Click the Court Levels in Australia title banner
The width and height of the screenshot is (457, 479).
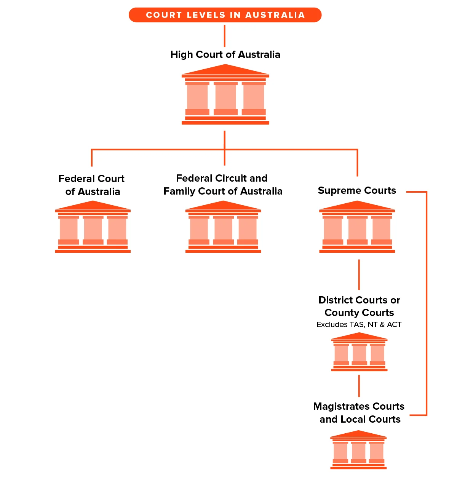pos(225,15)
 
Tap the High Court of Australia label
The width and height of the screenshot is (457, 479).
pos(225,54)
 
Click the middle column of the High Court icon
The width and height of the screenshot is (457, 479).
pos(225,98)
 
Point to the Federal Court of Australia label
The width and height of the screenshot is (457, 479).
pos(92,185)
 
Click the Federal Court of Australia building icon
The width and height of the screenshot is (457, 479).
pos(93,227)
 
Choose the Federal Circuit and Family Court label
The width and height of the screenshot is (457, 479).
pos(223,185)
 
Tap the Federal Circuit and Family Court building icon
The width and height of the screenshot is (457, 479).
pos(223,227)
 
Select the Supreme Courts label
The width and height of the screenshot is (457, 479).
pos(357,190)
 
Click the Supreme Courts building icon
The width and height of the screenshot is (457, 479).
pos(357,227)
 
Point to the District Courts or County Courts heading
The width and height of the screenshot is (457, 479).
pos(359,306)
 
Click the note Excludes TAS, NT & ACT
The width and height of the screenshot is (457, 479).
pos(359,324)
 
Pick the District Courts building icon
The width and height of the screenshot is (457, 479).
pos(359,352)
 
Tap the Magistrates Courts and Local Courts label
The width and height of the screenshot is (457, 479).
pos(359,413)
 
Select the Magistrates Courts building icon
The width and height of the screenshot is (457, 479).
pos(358,450)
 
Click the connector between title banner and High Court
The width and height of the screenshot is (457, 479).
pos(224,36)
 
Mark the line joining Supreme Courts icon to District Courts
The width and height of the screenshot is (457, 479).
pos(359,275)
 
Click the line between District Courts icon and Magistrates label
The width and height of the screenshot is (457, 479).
pos(359,386)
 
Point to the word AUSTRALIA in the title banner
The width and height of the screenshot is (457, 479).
pos(275,15)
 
